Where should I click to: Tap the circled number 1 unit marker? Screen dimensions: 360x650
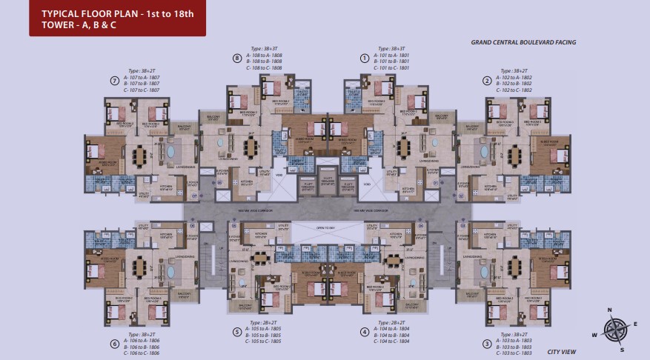(x=364, y=58)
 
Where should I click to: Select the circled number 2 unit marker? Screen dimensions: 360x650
(x=487, y=80)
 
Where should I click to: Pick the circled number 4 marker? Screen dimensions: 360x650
(x=364, y=332)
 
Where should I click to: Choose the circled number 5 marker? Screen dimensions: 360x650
(x=236, y=332)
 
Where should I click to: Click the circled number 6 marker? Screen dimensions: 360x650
(x=114, y=344)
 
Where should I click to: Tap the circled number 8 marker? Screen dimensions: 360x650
(x=236, y=58)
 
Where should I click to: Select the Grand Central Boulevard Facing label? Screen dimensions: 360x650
(x=523, y=43)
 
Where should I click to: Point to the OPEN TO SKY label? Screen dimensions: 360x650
(x=326, y=227)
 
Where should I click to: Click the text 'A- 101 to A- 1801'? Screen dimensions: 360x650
(x=393, y=55)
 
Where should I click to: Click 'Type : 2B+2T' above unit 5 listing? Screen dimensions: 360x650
(x=265, y=323)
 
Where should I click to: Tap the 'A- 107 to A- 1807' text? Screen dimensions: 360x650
(x=144, y=78)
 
